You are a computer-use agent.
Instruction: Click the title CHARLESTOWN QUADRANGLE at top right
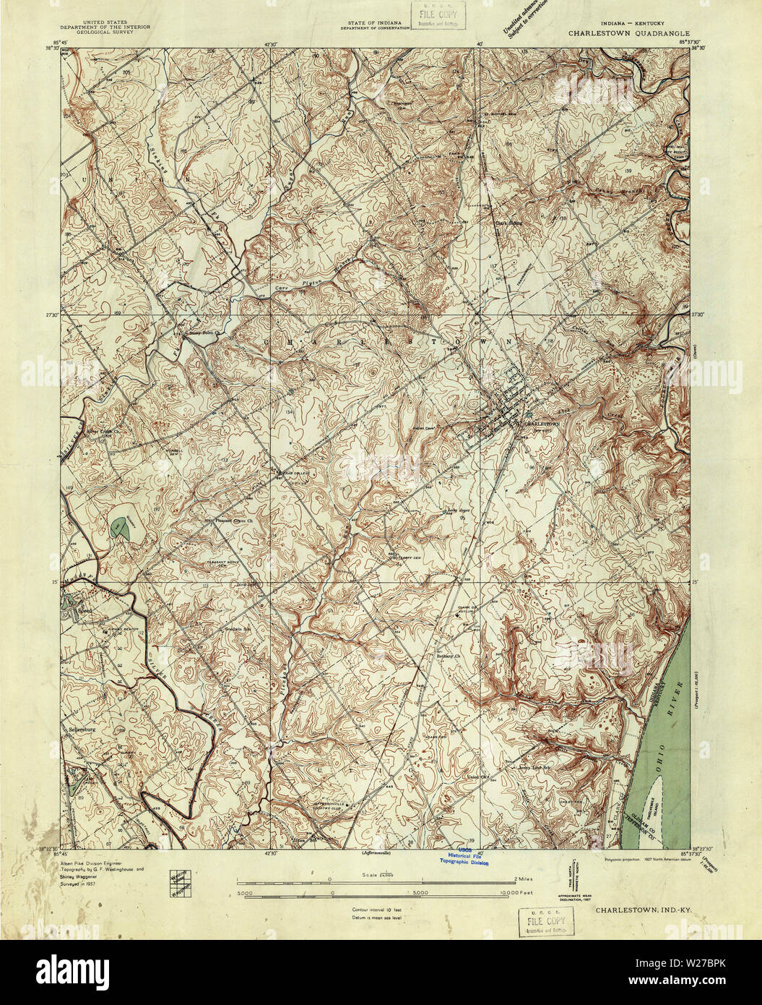pyautogui.click(x=628, y=33)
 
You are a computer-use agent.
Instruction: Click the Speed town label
pyautogui.click(x=74, y=613)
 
